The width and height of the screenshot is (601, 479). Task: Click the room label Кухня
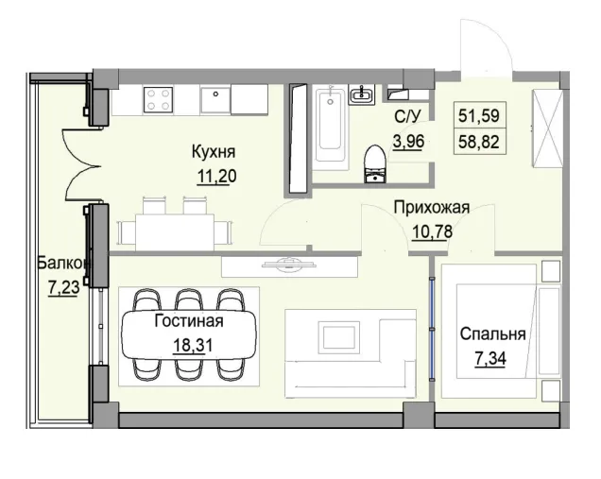(213, 152)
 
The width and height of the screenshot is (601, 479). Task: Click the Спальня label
(492, 334)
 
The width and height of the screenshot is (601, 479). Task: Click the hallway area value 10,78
(431, 233)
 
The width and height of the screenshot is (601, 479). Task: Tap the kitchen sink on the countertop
(215, 97)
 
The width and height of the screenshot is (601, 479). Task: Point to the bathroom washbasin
(362, 94)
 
